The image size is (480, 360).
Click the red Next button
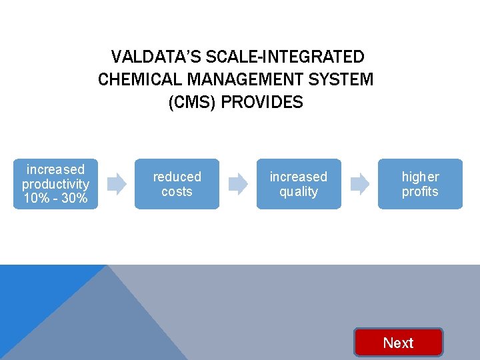(398, 343)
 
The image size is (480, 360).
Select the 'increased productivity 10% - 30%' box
(55, 184)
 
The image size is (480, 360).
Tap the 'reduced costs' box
(177, 184)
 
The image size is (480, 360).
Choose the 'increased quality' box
(299, 184)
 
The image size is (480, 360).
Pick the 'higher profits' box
(420, 184)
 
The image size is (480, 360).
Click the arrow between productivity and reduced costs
(117, 183)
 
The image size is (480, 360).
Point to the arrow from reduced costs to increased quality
(238, 183)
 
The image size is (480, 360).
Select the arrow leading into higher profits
(360, 183)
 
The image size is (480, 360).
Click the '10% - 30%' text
(55, 199)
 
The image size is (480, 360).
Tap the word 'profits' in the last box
(420, 192)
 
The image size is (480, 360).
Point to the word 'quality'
(299, 192)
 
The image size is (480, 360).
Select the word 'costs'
(177, 192)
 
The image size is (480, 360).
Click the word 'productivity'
(55, 184)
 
